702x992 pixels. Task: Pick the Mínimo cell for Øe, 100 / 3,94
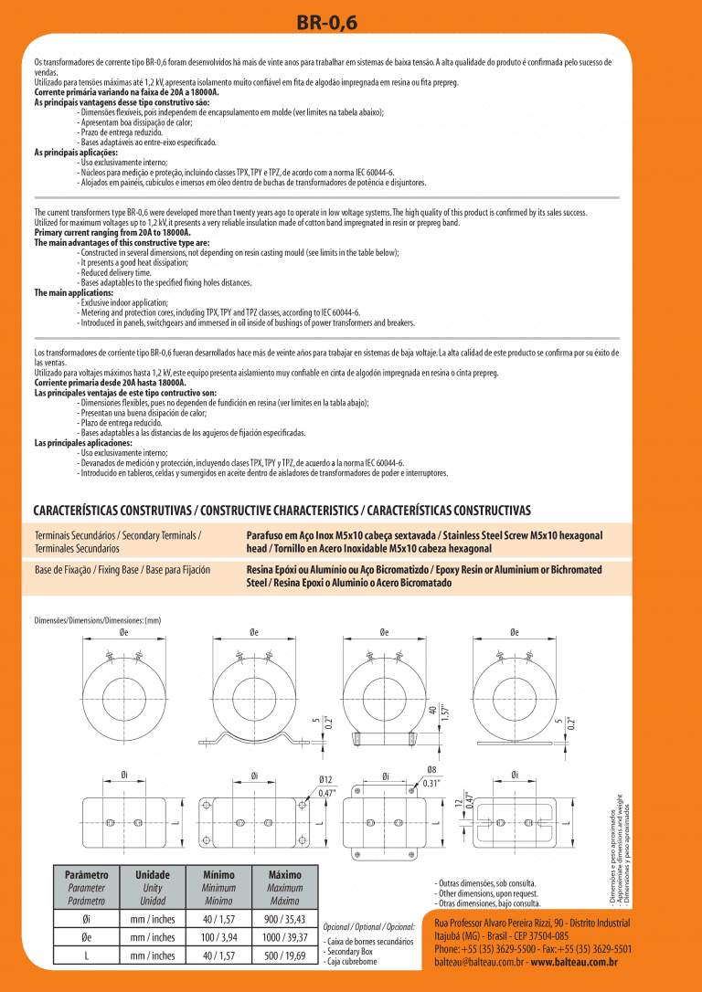point(219,937)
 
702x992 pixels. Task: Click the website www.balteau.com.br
point(574,962)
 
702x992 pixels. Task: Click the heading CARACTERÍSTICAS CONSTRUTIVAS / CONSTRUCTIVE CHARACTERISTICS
point(282,509)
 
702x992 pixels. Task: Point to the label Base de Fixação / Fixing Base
point(122,570)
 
